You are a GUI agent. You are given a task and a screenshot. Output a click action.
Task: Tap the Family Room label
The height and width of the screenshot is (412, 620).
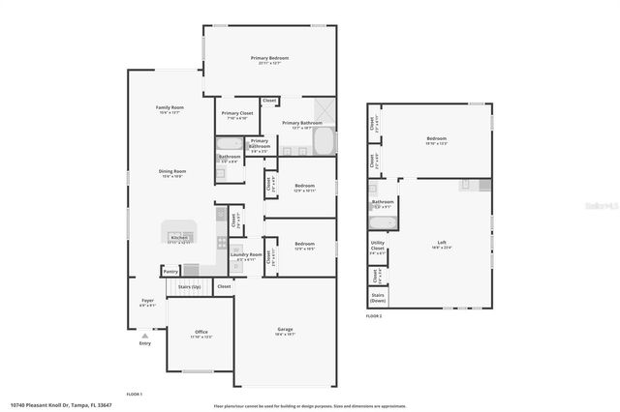(170, 108)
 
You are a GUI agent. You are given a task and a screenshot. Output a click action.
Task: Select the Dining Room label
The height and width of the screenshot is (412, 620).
(172, 172)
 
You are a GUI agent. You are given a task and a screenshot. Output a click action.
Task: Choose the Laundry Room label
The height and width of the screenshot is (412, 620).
(247, 256)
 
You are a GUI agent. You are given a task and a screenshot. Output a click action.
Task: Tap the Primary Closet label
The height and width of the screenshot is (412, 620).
(236, 114)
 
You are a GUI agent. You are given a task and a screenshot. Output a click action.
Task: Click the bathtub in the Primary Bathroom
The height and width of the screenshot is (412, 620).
(325, 142)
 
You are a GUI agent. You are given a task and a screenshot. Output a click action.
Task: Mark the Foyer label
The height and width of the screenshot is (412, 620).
(147, 302)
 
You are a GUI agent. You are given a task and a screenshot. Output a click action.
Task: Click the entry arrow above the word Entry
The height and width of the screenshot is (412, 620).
(145, 335)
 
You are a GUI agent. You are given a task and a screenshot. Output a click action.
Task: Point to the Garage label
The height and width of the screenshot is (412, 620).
(285, 331)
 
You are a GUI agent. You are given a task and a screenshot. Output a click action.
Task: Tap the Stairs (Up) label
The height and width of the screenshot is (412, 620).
(190, 287)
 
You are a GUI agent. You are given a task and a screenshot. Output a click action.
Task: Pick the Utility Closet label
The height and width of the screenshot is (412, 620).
(378, 246)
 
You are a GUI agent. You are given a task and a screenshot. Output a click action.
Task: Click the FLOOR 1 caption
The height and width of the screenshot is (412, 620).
(135, 395)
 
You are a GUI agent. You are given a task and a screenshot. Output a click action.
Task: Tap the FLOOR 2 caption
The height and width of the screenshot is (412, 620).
(374, 316)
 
